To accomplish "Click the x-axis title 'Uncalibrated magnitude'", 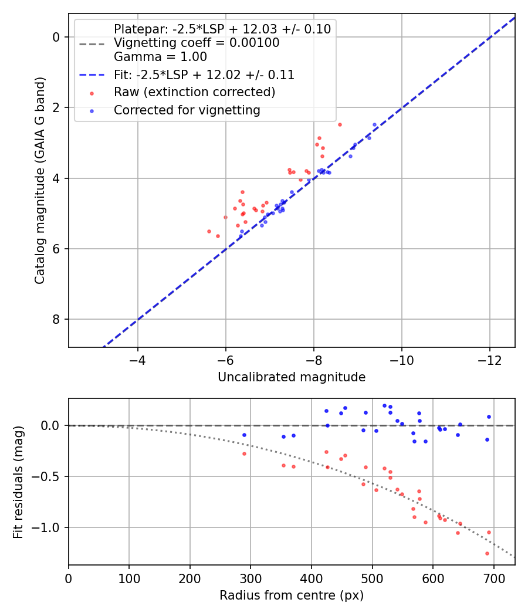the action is click(x=292, y=377).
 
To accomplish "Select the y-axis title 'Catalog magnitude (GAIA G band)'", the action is click(x=40, y=180).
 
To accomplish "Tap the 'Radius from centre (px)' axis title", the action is click(x=292, y=595).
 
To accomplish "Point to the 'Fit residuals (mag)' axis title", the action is click(x=18, y=482).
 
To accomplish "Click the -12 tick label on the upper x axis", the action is click(x=489, y=360).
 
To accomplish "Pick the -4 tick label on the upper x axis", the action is click(x=137, y=360).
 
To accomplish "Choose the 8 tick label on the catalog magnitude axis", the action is click(x=56, y=319).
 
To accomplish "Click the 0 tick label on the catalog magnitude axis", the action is click(x=56, y=37).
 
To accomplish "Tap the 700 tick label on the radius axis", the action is click(x=493, y=578).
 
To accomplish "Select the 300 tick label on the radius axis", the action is click(x=251, y=578).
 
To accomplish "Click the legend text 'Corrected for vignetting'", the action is click(x=187, y=110).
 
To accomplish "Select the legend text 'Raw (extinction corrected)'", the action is click(x=194, y=92).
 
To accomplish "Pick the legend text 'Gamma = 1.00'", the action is click(x=160, y=56).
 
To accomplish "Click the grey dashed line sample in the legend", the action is click(x=92, y=44).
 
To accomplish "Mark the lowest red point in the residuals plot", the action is click(x=487, y=554).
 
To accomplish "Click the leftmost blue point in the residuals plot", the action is click(x=245, y=435).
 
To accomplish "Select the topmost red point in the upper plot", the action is click(x=340, y=124).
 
